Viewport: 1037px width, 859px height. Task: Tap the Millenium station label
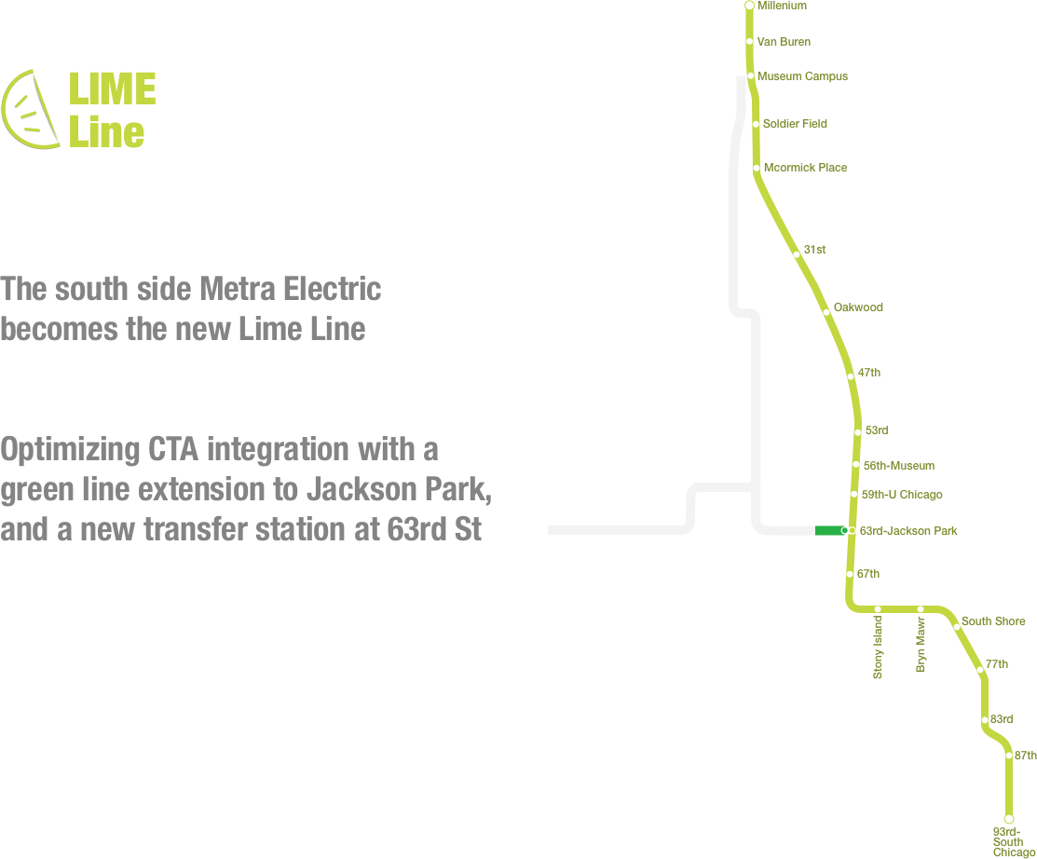click(782, 6)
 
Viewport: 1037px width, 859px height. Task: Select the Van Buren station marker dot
click(750, 41)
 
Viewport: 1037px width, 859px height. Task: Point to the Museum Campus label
click(802, 76)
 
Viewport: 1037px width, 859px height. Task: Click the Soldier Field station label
click(794, 123)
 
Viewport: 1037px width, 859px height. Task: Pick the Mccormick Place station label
click(805, 168)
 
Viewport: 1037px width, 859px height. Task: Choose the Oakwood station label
click(858, 307)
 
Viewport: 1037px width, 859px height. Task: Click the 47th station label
click(868, 373)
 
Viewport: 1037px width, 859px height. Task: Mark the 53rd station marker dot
click(857, 430)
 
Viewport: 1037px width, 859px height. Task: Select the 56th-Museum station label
click(897, 465)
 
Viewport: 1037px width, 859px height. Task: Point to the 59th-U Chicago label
click(902, 495)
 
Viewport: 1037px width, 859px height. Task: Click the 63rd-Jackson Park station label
click(907, 531)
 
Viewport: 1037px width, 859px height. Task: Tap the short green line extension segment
click(827, 531)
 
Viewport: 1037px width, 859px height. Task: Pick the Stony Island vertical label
click(878, 647)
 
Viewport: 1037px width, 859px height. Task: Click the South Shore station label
click(993, 621)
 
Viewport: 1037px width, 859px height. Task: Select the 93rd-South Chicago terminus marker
click(1008, 819)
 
